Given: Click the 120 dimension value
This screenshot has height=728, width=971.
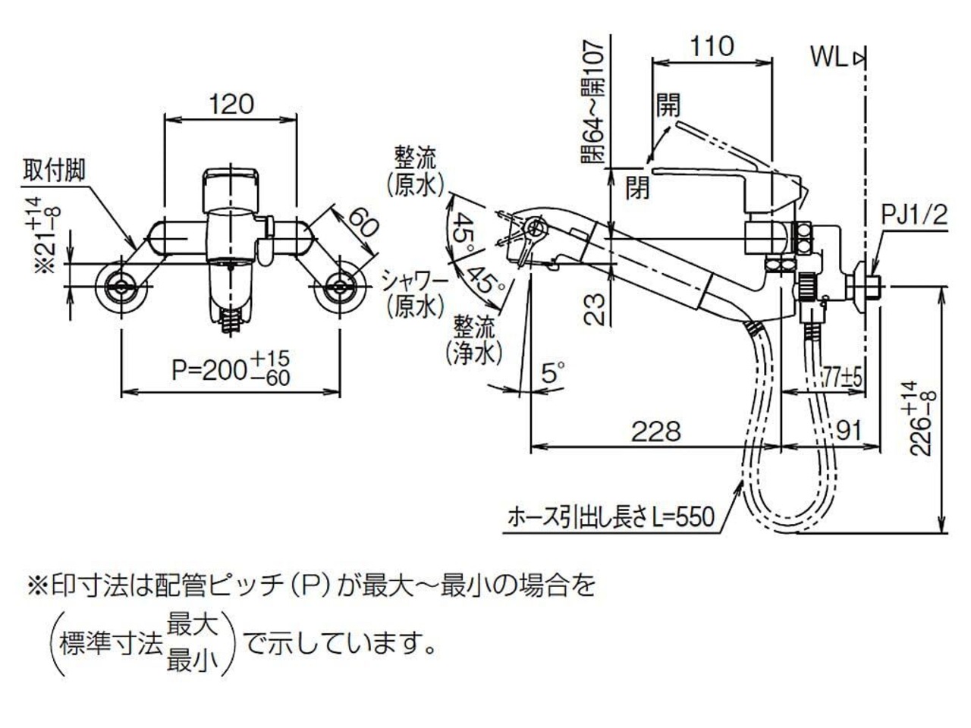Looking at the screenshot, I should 232,104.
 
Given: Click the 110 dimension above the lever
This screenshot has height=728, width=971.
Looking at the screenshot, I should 712,46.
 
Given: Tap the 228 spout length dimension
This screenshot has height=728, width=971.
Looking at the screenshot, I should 656,431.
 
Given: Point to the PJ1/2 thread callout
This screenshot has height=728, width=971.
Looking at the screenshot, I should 914,218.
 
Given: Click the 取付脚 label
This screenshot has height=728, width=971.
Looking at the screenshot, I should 54,169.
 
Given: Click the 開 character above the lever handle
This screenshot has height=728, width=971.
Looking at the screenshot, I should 668,104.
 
